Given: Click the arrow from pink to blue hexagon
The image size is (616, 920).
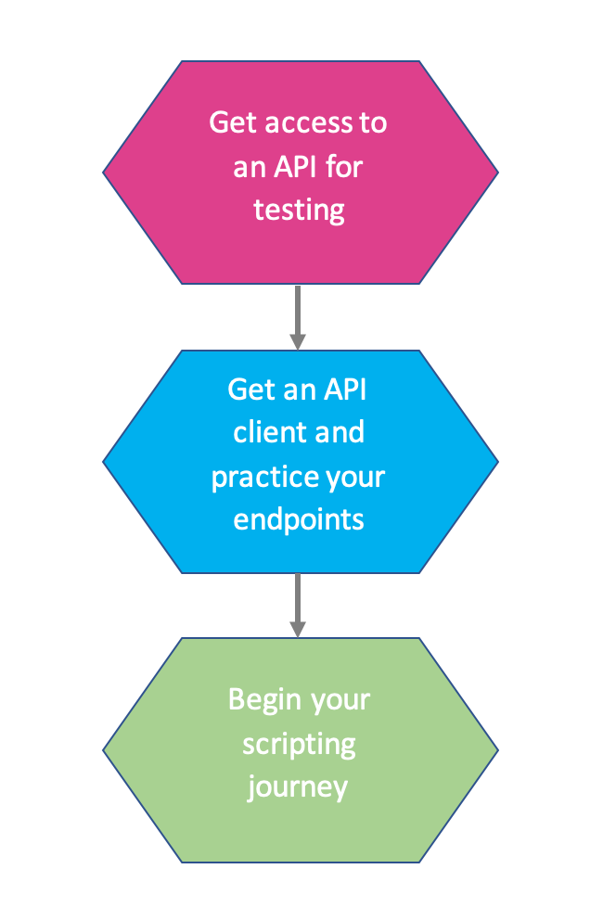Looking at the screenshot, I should (x=298, y=316).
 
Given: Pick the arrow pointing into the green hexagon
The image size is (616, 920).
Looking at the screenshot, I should (x=298, y=605).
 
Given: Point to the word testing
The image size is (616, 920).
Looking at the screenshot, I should (x=299, y=210).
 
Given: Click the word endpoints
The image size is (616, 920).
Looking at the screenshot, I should (x=299, y=519).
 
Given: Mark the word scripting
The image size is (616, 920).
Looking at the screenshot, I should (x=299, y=743).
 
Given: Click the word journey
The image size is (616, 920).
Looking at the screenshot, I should (x=299, y=787).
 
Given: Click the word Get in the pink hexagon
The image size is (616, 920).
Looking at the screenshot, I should (x=232, y=122).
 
